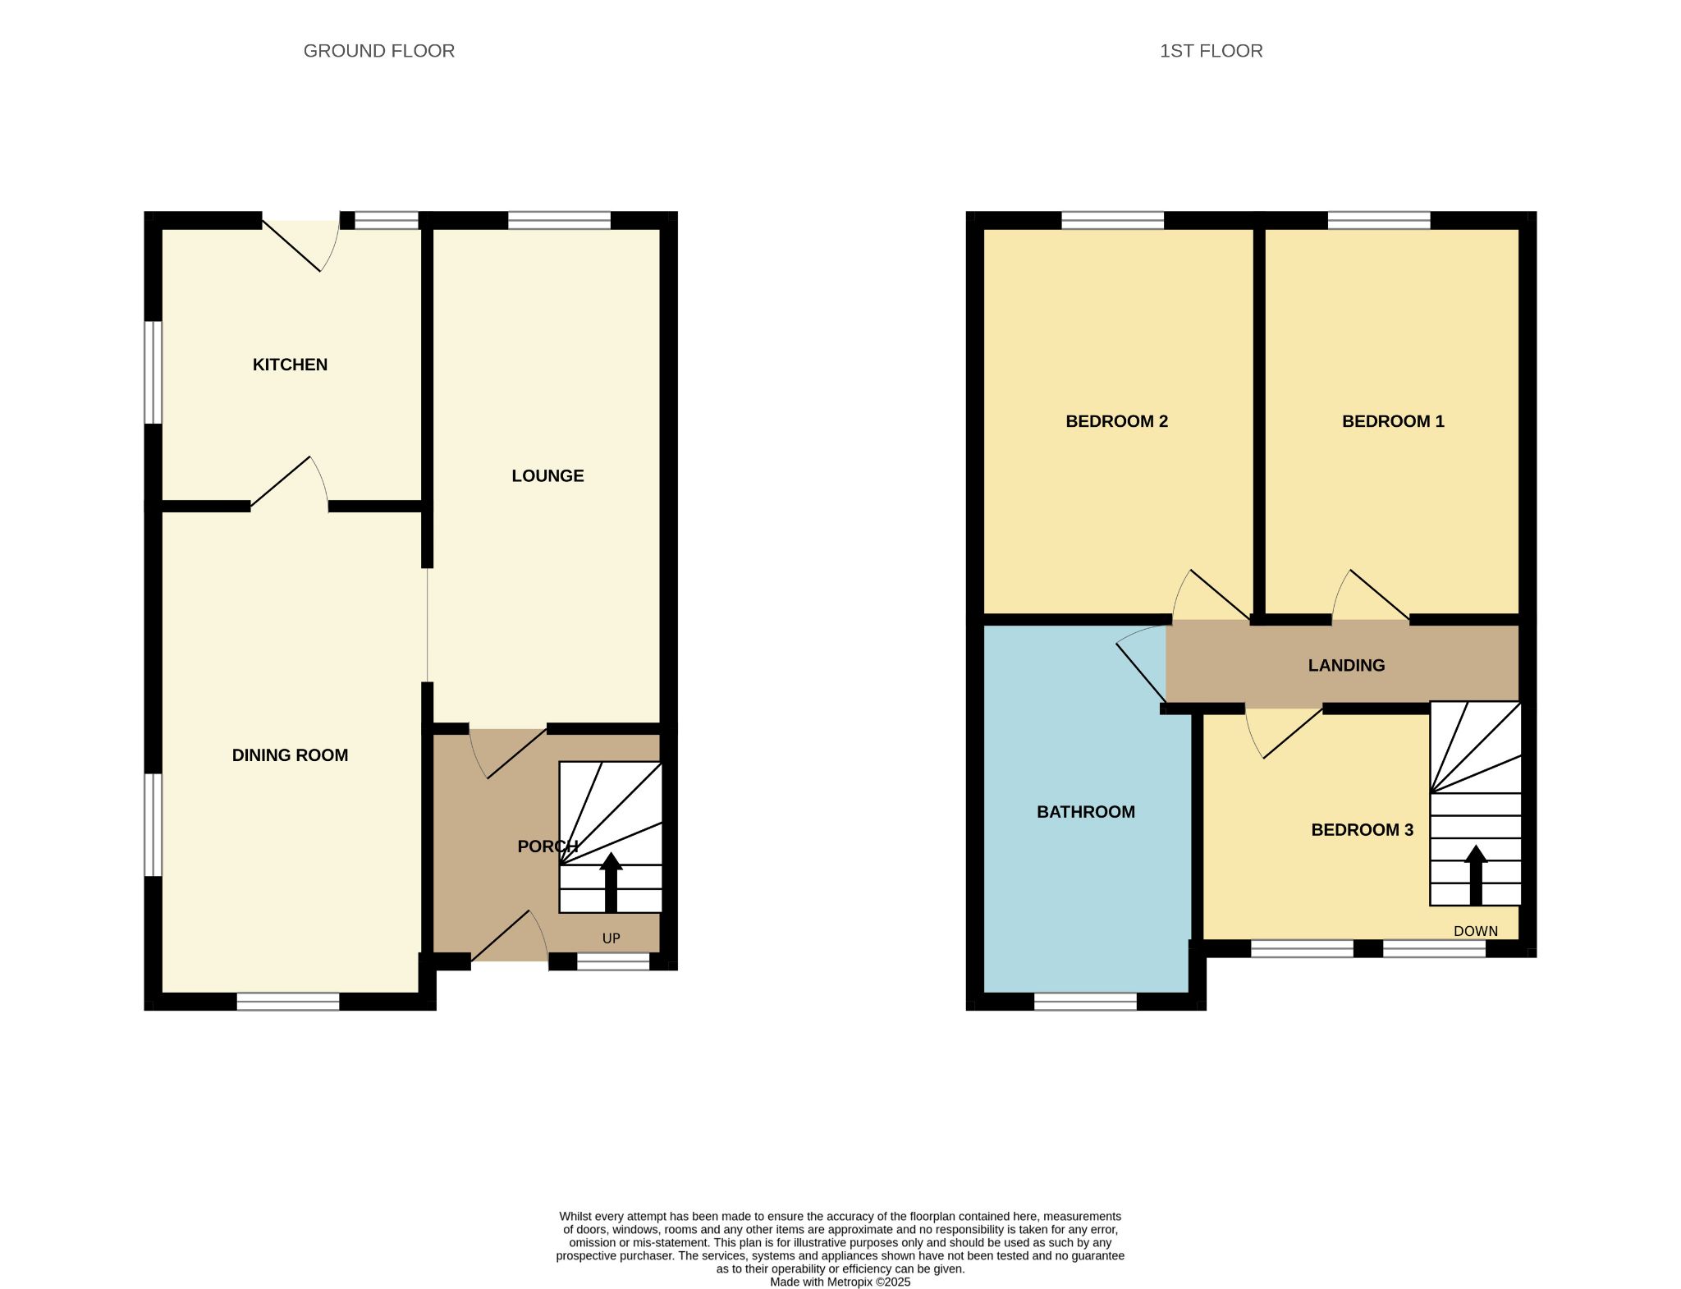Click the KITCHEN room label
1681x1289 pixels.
[x=290, y=365]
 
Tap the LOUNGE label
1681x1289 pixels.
[x=547, y=476]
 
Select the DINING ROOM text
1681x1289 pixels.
[x=290, y=755]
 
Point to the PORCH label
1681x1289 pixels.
[x=547, y=846]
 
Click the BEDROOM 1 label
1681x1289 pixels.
[x=1393, y=421]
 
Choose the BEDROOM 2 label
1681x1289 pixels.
[x=1116, y=421]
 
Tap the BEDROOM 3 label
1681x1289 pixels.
[x=1362, y=830]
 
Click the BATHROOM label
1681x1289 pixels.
[x=1086, y=812]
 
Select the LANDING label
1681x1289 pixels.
[x=1346, y=666]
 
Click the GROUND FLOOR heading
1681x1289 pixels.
[x=379, y=51]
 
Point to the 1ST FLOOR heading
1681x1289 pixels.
[x=1211, y=51]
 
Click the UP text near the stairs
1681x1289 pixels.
[x=611, y=938]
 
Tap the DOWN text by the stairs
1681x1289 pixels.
[x=1476, y=931]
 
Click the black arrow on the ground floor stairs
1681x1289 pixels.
[x=611, y=883]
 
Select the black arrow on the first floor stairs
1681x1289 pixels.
[x=1476, y=875]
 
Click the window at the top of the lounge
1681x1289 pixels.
[x=560, y=220]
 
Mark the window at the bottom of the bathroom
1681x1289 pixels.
[x=1085, y=1002]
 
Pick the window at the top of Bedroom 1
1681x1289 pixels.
[x=1379, y=220]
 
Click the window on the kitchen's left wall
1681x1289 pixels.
[x=153, y=372]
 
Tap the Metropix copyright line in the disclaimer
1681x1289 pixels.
[x=840, y=1282]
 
